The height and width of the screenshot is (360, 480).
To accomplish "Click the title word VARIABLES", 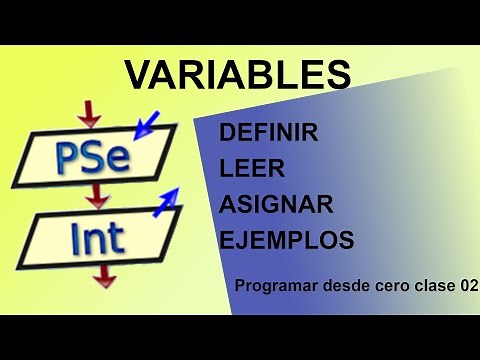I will click(238, 75).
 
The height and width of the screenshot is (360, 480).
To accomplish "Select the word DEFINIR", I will click(268, 133).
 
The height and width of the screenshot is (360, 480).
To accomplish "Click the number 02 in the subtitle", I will click(467, 286).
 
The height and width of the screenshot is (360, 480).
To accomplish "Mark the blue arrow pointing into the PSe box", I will click(147, 124).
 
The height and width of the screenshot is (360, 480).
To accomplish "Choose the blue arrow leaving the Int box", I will click(165, 200).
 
